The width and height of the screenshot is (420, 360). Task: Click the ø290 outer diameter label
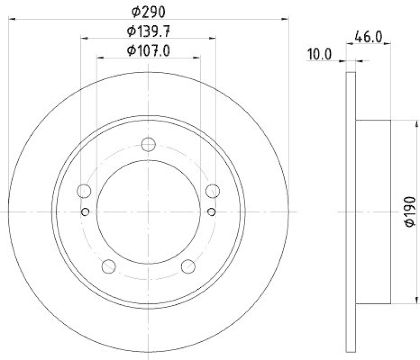tap(149, 10)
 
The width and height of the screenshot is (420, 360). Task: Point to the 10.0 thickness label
tap(319, 54)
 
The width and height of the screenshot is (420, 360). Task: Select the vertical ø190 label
tap(409, 212)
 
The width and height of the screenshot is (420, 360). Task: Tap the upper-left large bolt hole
tap(84, 190)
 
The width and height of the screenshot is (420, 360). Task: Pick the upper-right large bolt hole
tap(213, 190)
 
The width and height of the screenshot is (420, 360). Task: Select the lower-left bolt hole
tap(109, 266)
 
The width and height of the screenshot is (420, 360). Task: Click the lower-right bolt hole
tap(188, 266)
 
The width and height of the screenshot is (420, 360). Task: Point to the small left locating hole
tap(86, 211)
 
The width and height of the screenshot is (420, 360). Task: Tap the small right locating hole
tap(211, 211)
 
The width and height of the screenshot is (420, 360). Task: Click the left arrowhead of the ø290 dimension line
tap(12, 19)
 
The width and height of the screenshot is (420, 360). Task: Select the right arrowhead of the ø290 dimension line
tap(287, 19)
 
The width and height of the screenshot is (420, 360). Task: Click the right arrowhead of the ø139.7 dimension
tap(213, 38)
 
